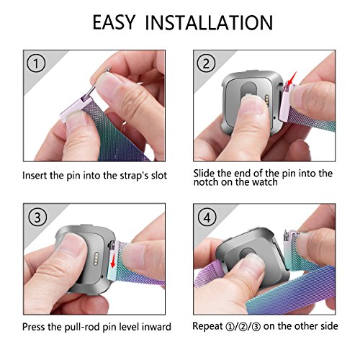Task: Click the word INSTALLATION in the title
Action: (212, 22)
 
